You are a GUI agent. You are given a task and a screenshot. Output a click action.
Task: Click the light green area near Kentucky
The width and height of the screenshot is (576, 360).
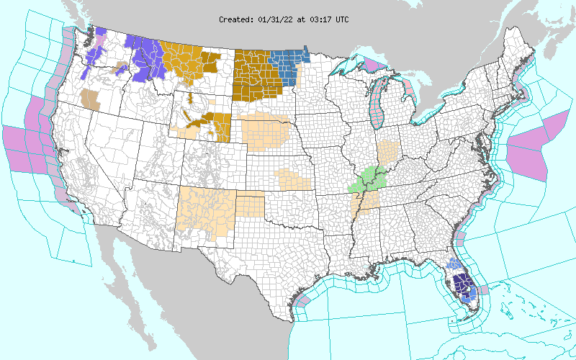(369, 179)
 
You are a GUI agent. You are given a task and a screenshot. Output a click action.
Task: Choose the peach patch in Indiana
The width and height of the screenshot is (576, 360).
(388, 151)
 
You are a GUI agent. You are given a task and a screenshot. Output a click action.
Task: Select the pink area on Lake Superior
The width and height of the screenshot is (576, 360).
(373, 66)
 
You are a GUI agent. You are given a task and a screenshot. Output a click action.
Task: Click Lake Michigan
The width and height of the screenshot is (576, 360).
(375, 108)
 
